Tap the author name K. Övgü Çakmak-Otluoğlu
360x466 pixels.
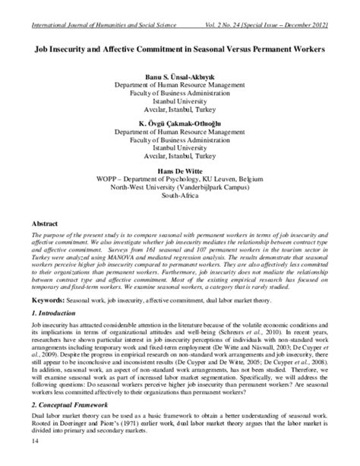(x=180, y=122)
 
